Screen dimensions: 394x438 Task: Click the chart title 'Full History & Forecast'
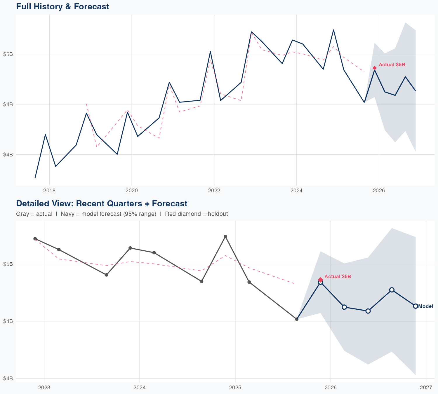click(x=62, y=6)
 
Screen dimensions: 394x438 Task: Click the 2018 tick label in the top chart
click(x=49, y=191)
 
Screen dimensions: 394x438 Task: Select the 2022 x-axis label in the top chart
click(x=214, y=191)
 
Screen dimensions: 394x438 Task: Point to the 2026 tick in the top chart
click(x=379, y=191)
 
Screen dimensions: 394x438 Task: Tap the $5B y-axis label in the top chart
click(x=8, y=54)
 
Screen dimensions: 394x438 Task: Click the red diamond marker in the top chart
click(x=375, y=68)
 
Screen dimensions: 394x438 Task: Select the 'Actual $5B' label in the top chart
click(x=392, y=65)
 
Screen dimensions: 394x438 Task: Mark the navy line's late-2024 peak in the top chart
click(x=333, y=30)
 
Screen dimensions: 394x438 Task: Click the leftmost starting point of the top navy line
click(x=35, y=177)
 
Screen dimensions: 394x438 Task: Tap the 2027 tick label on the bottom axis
click(x=426, y=388)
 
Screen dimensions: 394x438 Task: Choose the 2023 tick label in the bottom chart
click(x=44, y=388)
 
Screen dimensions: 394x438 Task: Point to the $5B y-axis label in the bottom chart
click(x=8, y=264)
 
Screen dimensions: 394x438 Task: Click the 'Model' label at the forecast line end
click(x=425, y=306)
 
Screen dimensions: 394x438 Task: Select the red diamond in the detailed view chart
click(x=320, y=280)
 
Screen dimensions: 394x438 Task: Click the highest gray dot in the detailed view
click(x=225, y=236)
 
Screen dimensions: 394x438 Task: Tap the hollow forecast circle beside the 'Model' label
click(x=416, y=306)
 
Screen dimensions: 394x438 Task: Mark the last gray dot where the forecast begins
click(x=297, y=319)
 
